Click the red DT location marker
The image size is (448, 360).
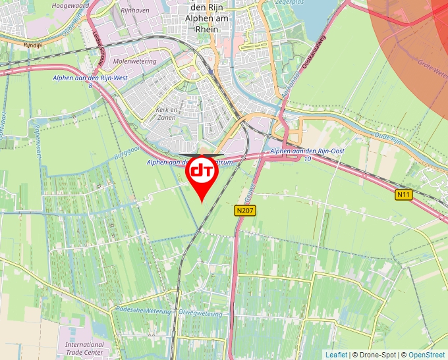[x=202, y=173]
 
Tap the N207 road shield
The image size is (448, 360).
[x=244, y=211]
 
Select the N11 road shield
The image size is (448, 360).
[x=403, y=195]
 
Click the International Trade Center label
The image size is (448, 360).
[x=84, y=348]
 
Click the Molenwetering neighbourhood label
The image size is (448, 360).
[x=134, y=61]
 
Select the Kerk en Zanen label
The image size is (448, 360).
[x=166, y=113]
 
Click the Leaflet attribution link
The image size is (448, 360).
[x=336, y=355]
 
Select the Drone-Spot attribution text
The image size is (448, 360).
[x=374, y=355]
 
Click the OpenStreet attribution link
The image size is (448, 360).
[x=428, y=355]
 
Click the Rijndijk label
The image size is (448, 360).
[x=32, y=45]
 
